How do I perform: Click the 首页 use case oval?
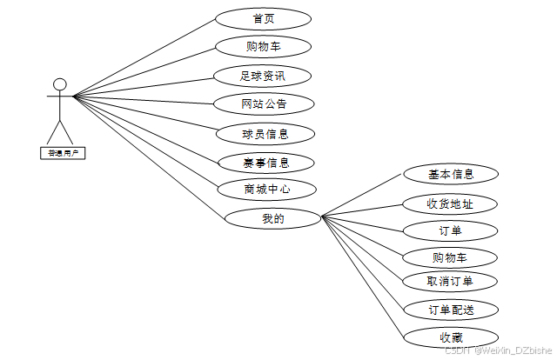click(x=263, y=18)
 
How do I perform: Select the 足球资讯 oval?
click(x=263, y=76)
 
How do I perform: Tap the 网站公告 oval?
click(x=263, y=104)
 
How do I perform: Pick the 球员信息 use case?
click(x=265, y=134)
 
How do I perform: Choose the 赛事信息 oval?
click(x=265, y=163)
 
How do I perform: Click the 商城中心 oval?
click(x=266, y=190)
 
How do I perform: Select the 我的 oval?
click(x=272, y=218)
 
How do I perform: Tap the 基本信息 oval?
click(x=451, y=174)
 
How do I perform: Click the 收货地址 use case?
click(x=451, y=203)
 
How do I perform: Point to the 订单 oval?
click(x=451, y=230)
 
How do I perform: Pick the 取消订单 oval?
click(x=451, y=281)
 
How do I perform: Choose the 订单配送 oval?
click(x=451, y=310)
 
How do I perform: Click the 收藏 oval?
click(x=451, y=337)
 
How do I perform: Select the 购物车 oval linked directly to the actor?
click(x=263, y=47)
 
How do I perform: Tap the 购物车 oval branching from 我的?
click(x=451, y=257)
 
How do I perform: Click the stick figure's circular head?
click(x=59, y=84)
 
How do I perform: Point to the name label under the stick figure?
click(x=60, y=153)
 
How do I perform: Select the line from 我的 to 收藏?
click(x=364, y=277)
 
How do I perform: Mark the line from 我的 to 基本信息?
click(x=363, y=197)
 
